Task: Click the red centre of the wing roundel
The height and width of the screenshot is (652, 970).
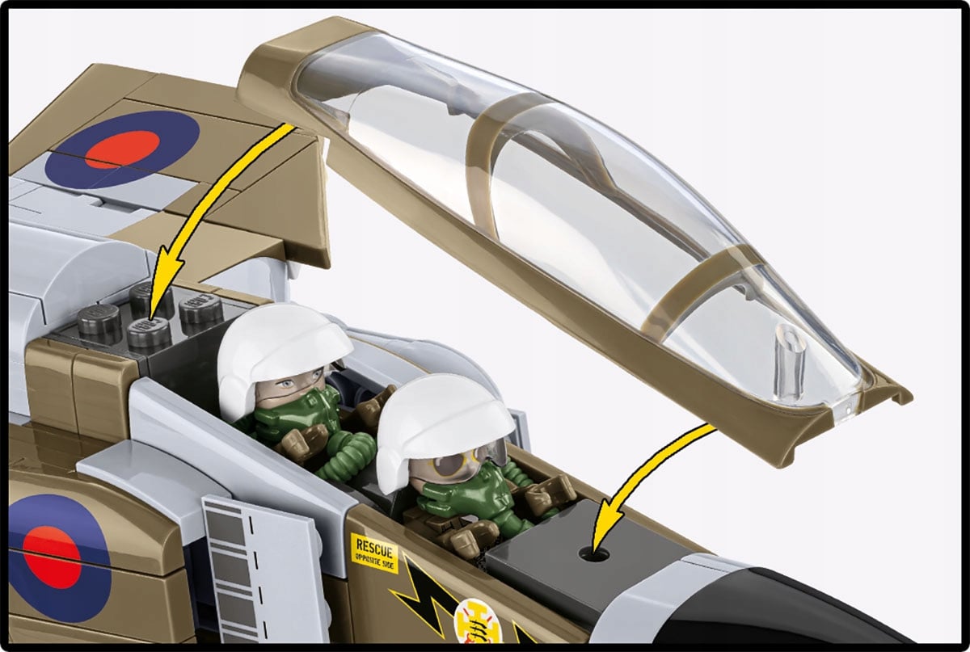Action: click(121, 149)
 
